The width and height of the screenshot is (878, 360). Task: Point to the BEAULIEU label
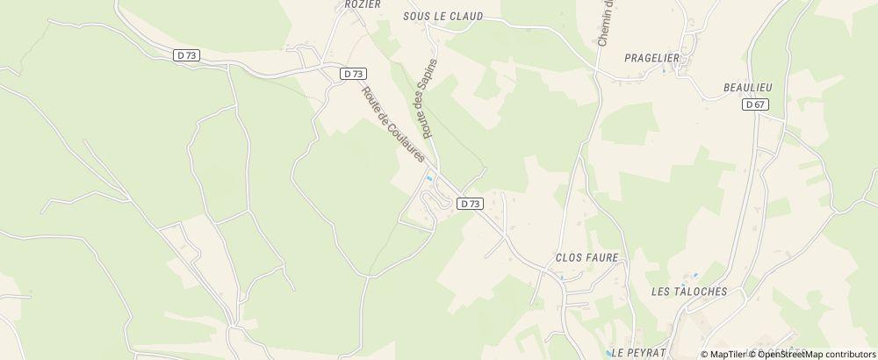click(x=746, y=87)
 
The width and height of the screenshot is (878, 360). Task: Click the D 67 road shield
click(x=755, y=104)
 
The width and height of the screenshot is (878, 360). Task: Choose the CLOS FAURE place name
click(x=587, y=258)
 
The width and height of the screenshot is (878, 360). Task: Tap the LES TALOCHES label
click(x=689, y=291)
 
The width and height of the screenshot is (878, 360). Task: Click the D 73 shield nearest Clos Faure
click(x=470, y=204)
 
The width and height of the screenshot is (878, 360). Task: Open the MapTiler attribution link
click(x=725, y=354)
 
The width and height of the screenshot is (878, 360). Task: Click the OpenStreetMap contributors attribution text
click(x=812, y=354)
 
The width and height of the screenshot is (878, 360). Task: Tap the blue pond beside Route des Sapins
click(x=428, y=178)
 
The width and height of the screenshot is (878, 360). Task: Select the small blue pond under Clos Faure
click(x=563, y=277)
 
